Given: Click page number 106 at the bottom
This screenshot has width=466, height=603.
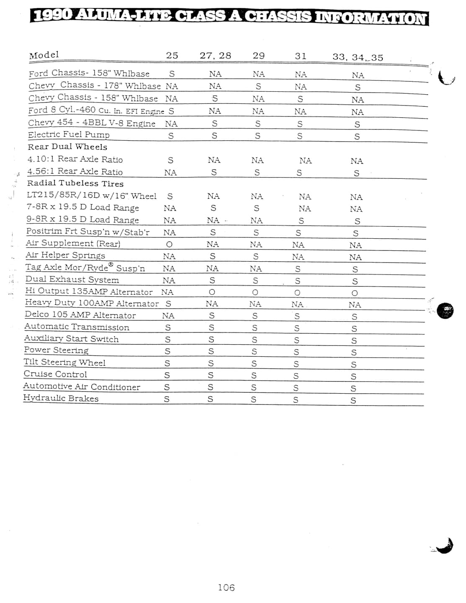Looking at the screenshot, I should pyautogui.click(x=226, y=588).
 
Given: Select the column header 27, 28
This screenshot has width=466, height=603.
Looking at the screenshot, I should pyautogui.click(x=215, y=55).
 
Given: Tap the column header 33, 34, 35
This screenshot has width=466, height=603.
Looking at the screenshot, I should pyautogui.click(x=358, y=57).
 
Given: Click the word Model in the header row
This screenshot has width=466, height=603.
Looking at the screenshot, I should pyautogui.click(x=44, y=55).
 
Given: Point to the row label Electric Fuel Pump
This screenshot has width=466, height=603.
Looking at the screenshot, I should pyautogui.click(x=69, y=135).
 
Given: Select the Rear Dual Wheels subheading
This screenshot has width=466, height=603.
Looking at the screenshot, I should pyautogui.click(x=67, y=147).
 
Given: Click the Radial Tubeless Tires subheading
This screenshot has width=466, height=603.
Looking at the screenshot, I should pyautogui.click(x=75, y=183).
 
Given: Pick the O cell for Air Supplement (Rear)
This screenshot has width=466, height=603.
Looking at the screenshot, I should pyautogui.click(x=169, y=245).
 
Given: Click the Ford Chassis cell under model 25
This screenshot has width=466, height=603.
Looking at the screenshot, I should pyautogui.click(x=172, y=74).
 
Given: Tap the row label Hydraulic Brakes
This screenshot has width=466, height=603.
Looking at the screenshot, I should pyautogui.click(x=61, y=398).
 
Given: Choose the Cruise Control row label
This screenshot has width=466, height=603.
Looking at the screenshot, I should pyautogui.click(x=55, y=374).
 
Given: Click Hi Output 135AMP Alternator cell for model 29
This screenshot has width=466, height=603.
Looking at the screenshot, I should pyautogui.click(x=255, y=292).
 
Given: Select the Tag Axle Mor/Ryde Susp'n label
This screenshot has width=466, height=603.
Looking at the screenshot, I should pyautogui.click(x=85, y=268).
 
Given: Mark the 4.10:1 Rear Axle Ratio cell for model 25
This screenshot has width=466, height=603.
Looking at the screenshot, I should pyautogui.click(x=170, y=160).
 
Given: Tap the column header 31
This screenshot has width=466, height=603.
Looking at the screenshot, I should pyautogui.click(x=301, y=56).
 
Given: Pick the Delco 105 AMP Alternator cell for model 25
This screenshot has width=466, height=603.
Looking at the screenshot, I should pyautogui.click(x=168, y=316).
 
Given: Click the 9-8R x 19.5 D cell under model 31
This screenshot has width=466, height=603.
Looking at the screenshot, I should pyautogui.click(x=301, y=221).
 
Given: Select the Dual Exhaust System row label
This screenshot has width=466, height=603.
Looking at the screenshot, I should pyautogui.click(x=72, y=280).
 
